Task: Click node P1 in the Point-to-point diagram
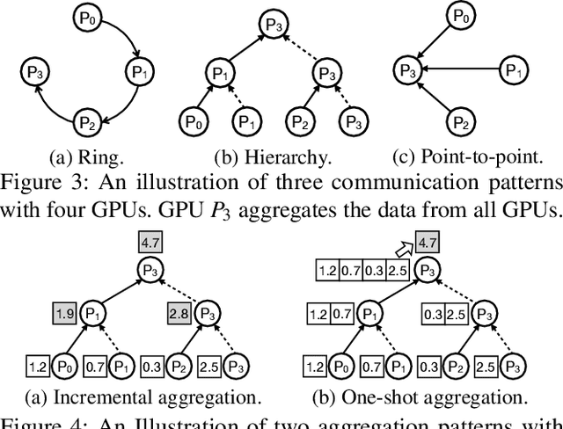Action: [518, 68]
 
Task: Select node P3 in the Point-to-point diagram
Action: [406, 68]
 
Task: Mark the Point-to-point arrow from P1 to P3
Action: [462, 68]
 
